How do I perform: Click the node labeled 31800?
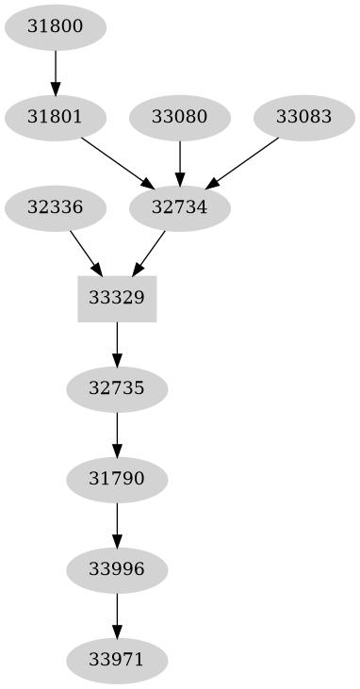pos(56,27)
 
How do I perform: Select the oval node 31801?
pos(56,118)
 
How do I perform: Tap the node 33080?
pos(179,118)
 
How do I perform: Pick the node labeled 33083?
pos(303,118)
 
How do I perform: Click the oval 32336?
pos(56,208)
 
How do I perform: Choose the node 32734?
pos(179,208)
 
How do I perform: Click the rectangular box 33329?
pos(117,299)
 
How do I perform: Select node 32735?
pos(117,388)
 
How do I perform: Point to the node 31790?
pos(117,479)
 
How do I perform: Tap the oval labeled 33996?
pos(117,569)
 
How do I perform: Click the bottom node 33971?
pos(117,659)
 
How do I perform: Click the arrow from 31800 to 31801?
pos(56,73)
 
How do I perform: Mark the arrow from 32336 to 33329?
pos(86,253)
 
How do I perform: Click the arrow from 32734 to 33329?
pos(150,252)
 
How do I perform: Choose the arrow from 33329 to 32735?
pos(117,344)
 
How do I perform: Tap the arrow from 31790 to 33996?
pos(117,524)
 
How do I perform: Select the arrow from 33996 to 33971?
pos(117,615)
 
